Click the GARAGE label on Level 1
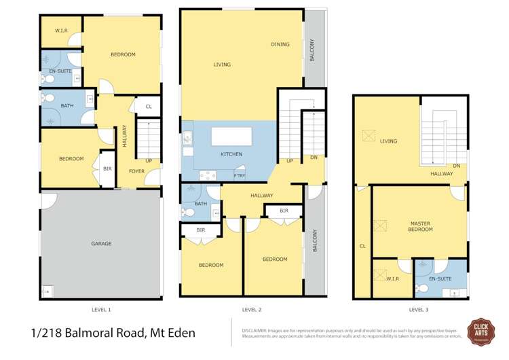click(x=101, y=243)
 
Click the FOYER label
click(x=136, y=171)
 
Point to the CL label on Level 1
click(x=148, y=106)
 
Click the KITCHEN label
click(x=231, y=155)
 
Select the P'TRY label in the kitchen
click(x=239, y=177)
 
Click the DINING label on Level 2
click(x=280, y=45)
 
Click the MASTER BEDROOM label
click(x=421, y=226)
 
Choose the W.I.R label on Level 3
click(x=393, y=278)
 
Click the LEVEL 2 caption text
click(x=252, y=309)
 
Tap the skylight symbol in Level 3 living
click(x=369, y=136)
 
